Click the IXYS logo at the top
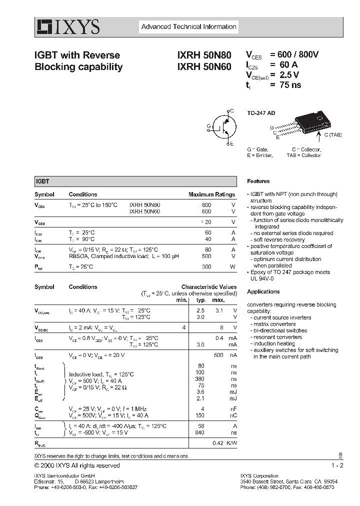pyautogui.click(x=67, y=27)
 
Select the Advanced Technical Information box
pyautogui.click(x=188, y=27)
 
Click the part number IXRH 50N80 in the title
pyautogui.click(x=203, y=55)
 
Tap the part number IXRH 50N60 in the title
pyautogui.click(x=203, y=66)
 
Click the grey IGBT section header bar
pyautogui.click(x=135, y=181)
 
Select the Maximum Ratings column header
pyautogui.click(x=211, y=194)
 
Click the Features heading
pyautogui.click(x=258, y=181)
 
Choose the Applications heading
pyautogui.click(x=263, y=291)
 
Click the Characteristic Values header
pyautogui.click(x=208, y=287)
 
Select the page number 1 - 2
pyautogui.click(x=337, y=465)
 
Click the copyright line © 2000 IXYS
pyautogui.click(x=77, y=465)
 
